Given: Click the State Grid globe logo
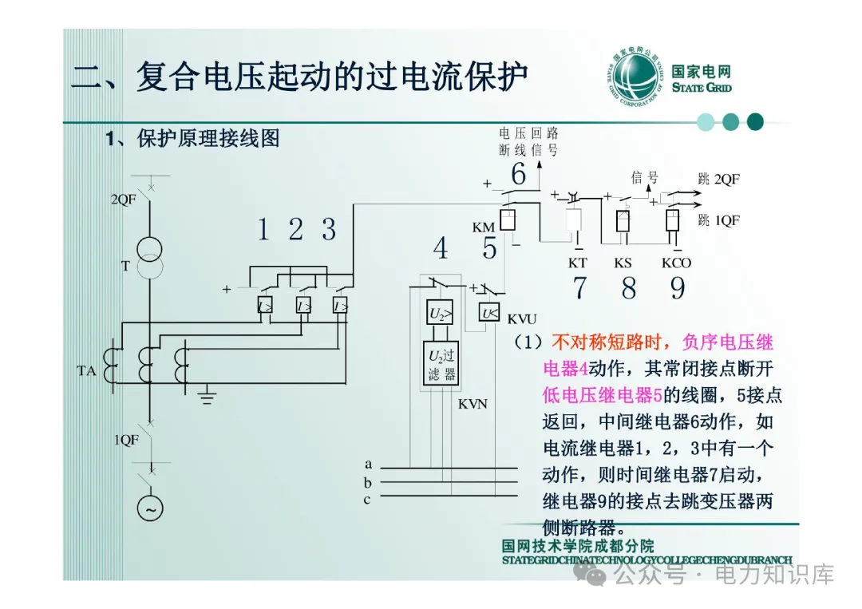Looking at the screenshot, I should [x=636, y=78].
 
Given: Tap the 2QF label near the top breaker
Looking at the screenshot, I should [x=124, y=200].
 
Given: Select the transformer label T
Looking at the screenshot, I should [x=125, y=267].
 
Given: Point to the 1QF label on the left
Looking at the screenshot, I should [x=126, y=440].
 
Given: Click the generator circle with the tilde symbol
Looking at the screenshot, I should [x=149, y=508].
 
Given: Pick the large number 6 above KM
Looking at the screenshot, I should [x=519, y=174].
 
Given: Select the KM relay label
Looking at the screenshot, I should [x=483, y=227].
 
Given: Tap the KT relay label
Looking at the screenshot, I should [x=577, y=262].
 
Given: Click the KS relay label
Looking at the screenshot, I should [x=623, y=262].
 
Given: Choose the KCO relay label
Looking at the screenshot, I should [x=676, y=262].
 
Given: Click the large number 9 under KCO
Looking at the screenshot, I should [x=678, y=288].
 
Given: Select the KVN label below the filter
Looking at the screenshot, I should [x=473, y=404].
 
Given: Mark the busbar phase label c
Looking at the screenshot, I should [x=367, y=500].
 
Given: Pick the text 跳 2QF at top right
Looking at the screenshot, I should [x=718, y=180].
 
